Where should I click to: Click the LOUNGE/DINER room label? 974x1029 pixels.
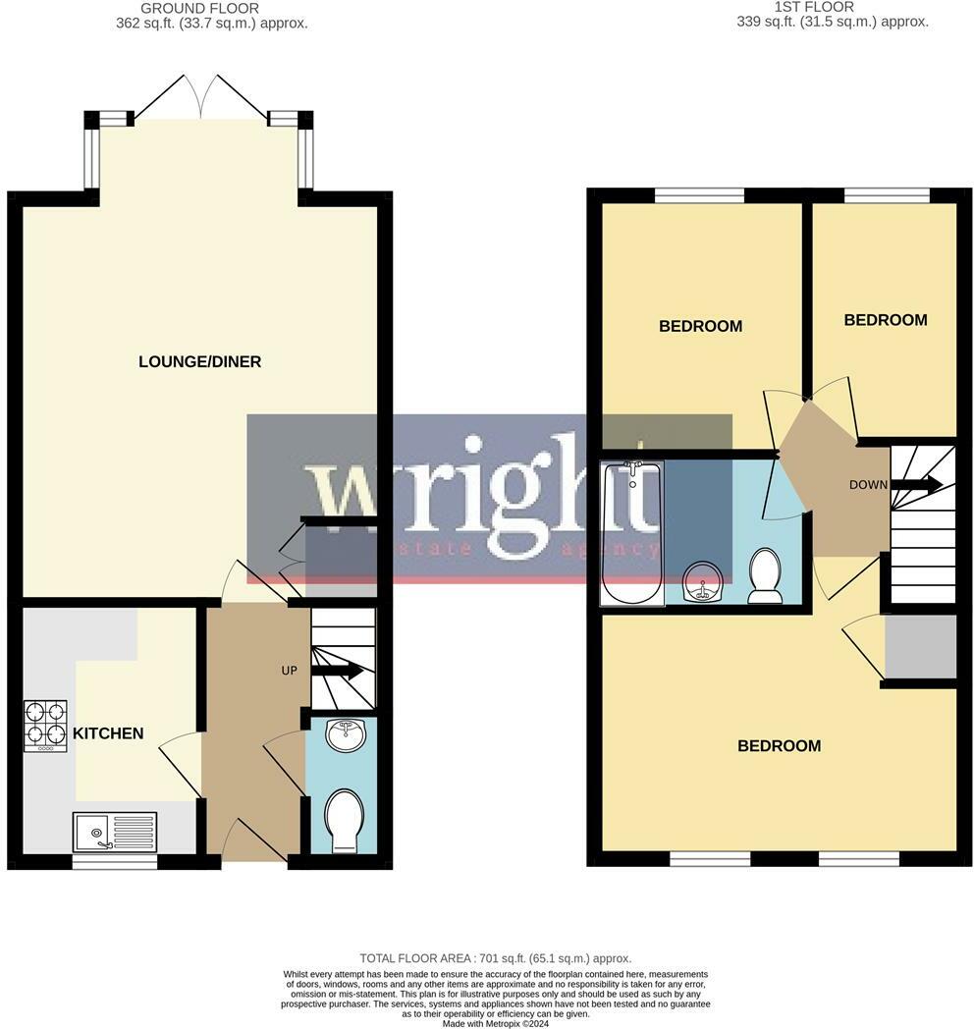[199, 361]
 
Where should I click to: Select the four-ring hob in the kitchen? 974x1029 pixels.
[45, 726]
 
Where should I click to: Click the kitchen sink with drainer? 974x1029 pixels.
[114, 831]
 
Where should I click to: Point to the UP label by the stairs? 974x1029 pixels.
[289, 671]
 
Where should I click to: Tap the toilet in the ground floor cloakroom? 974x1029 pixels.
[343, 819]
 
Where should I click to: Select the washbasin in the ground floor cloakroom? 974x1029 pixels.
[344, 733]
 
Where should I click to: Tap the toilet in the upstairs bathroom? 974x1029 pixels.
[764, 574]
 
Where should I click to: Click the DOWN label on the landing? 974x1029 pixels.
[868, 484]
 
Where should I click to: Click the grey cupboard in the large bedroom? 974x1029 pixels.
[920, 646]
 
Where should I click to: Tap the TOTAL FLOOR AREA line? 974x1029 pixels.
[495, 957]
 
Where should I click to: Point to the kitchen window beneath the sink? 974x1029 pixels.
[114, 862]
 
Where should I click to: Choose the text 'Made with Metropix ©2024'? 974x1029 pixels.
[495, 1023]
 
